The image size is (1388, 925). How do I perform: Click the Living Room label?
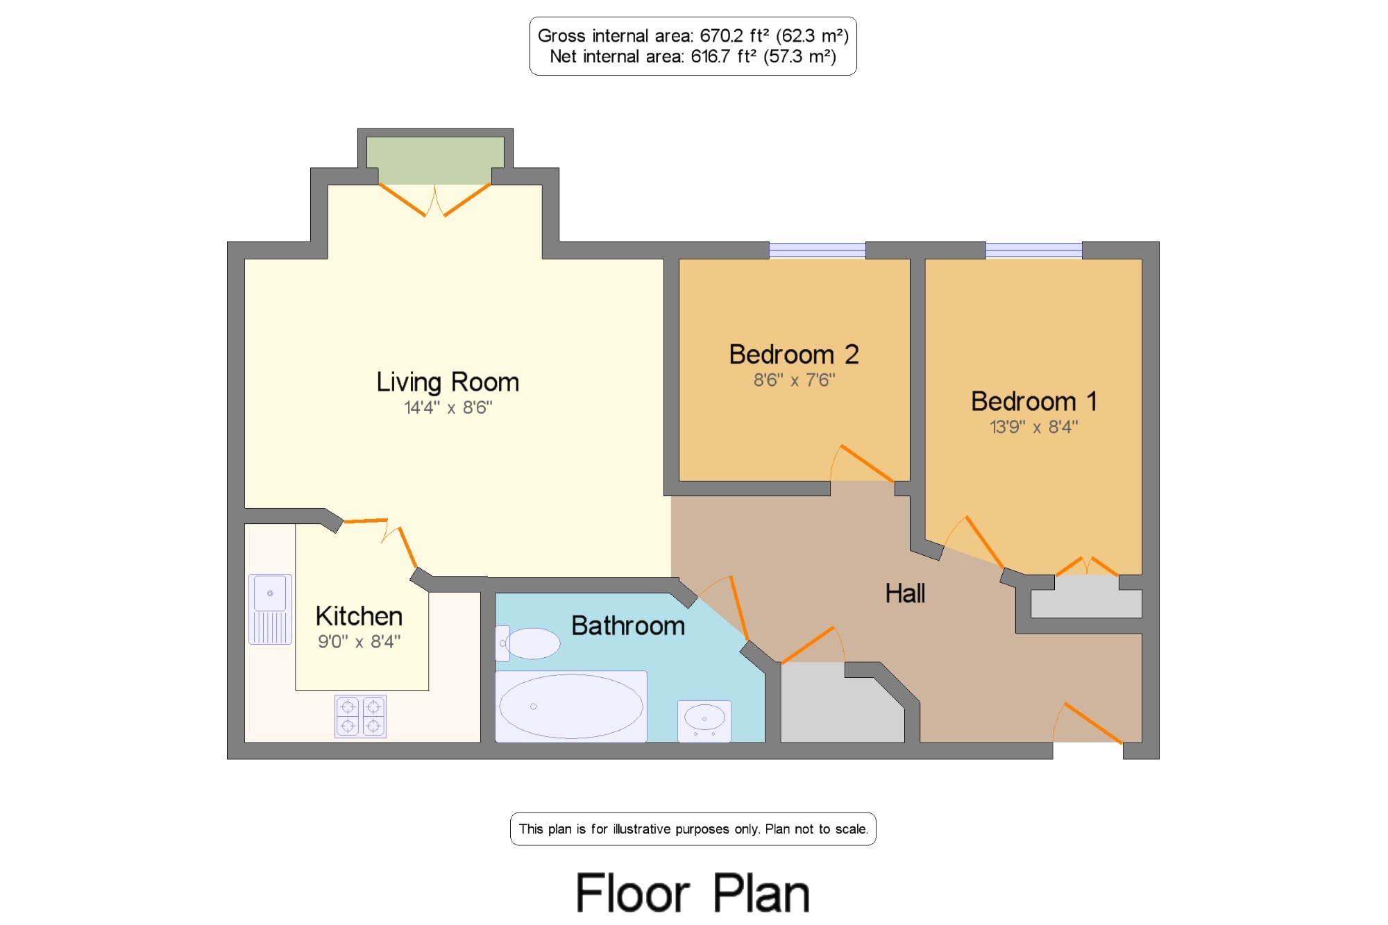pos(448,382)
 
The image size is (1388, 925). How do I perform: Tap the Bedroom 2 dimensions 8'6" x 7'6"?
pos(795,380)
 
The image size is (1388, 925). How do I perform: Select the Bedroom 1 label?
pos(1034,401)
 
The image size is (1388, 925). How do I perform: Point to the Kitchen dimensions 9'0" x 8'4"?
pos(359,641)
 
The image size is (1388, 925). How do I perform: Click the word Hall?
pos(905,593)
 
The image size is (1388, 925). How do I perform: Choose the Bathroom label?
pos(628,626)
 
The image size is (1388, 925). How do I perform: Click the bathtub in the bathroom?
pos(571,706)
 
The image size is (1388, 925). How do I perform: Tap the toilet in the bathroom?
pos(528,643)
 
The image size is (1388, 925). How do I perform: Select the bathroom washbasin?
pos(704,721)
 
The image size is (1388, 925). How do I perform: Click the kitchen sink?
pos(270,609)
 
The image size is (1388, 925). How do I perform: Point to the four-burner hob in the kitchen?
pos(360,716)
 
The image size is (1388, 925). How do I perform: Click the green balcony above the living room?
pos(435,160)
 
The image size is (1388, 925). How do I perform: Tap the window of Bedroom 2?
pos(818,250)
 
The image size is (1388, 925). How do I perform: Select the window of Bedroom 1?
pos(1034,250)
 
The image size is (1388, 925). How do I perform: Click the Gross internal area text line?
pos(693,35)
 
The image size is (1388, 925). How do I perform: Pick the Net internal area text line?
pos(693,56)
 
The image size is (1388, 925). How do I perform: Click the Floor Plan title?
pos(693,893)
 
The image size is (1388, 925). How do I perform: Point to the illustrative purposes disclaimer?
pos(693,829)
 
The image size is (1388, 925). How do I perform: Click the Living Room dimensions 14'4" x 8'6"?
pos(448,408)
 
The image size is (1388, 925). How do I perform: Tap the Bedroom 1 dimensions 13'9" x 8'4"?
pos(1034,427)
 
